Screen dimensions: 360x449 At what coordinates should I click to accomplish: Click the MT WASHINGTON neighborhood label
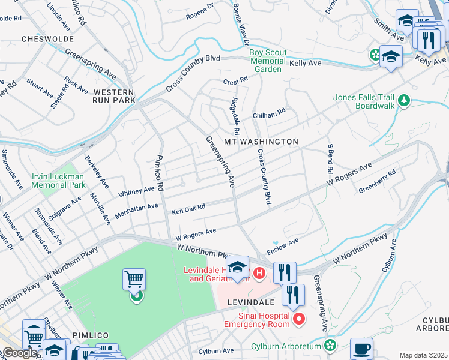click(261, 142)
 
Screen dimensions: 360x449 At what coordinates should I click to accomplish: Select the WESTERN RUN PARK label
click(114, 96)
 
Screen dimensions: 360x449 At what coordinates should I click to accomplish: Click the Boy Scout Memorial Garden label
click(268, 61)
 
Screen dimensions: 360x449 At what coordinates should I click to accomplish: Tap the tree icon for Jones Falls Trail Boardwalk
click(405, 100)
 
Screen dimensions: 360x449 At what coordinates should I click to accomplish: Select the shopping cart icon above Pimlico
click(134, 280)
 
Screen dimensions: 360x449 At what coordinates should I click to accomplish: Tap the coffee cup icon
click(361, 348)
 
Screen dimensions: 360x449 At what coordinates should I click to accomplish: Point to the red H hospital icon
click(259, 274)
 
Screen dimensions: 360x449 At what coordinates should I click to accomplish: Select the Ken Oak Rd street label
click(188, 209)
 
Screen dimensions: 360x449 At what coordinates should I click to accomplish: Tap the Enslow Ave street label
click(283, 245)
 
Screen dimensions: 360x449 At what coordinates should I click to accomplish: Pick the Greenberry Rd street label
click(378, 181)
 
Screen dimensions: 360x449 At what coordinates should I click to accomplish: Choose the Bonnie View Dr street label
click(242, 25)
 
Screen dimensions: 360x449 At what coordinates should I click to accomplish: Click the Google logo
click(20, 353)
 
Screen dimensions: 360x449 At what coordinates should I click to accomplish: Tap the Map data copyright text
click(424, 355)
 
